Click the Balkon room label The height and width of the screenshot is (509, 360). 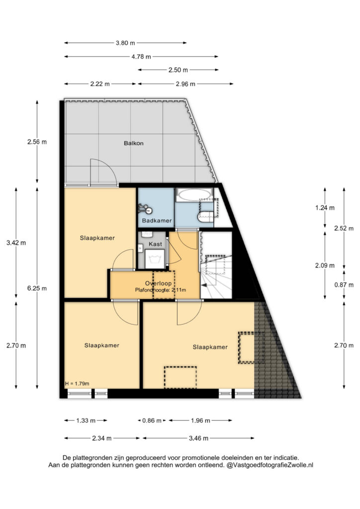pyautogui.click(x=133, y=143)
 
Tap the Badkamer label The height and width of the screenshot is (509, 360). pyautogui.click(x=157, y=221)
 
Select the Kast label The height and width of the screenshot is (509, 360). pyautogui.click(x=155, y=244)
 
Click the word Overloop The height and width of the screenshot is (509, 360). pyautogui.click(x=158, y=283)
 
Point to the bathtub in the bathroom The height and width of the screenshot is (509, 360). pyautogui.click(x=194, y=195)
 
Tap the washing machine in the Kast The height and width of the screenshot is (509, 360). pyautogui.click(x=155, y=259)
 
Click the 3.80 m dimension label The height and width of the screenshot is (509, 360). pyautogui.click(x=125, y=43)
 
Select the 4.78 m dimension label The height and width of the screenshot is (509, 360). pyautogui.click(x=141, y=57)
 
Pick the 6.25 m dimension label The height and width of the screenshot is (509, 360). pyautogui.click(x=37, y=288)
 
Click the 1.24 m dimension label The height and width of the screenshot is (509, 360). pyautogui.click(x=325, y=208)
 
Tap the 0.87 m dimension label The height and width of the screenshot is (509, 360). pyautogui.click(x=344, y=285)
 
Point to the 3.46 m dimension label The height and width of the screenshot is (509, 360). pyautogui.click(x=198, y=438)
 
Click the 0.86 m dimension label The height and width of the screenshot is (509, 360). pyautogui.click(x=152, y=421)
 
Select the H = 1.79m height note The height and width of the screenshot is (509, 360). pyautogui.click(x=77, y=384)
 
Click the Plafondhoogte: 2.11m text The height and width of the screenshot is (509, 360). pyautogui.click(x=161, y=290)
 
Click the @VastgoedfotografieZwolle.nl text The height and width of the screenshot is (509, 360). pyautogui.click(x=270, y=465)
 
